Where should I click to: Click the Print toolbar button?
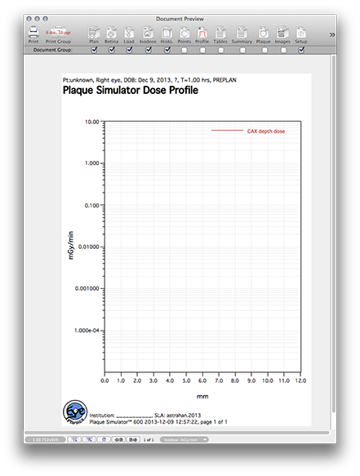coord(33,33)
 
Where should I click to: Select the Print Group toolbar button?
coord(58,33)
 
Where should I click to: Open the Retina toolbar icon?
coord(111,33)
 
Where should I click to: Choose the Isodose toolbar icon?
coord(148,33)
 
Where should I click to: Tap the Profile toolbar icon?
coord(202,33)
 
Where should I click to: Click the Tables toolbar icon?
coord(220,33)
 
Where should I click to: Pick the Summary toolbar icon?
coord(242,33)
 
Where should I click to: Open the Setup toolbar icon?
coord(302,33)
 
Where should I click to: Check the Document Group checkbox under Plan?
coord(95,50)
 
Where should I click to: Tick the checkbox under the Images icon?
coord(283,50)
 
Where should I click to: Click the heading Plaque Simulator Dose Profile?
coord(131,91)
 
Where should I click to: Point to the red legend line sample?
coord(227,131)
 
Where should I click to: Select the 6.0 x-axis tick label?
coord(202,380)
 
